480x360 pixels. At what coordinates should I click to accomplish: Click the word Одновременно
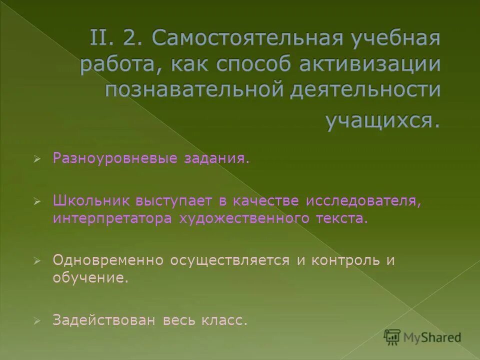[108, 260]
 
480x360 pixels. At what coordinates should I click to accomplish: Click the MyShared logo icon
[392, 337]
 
